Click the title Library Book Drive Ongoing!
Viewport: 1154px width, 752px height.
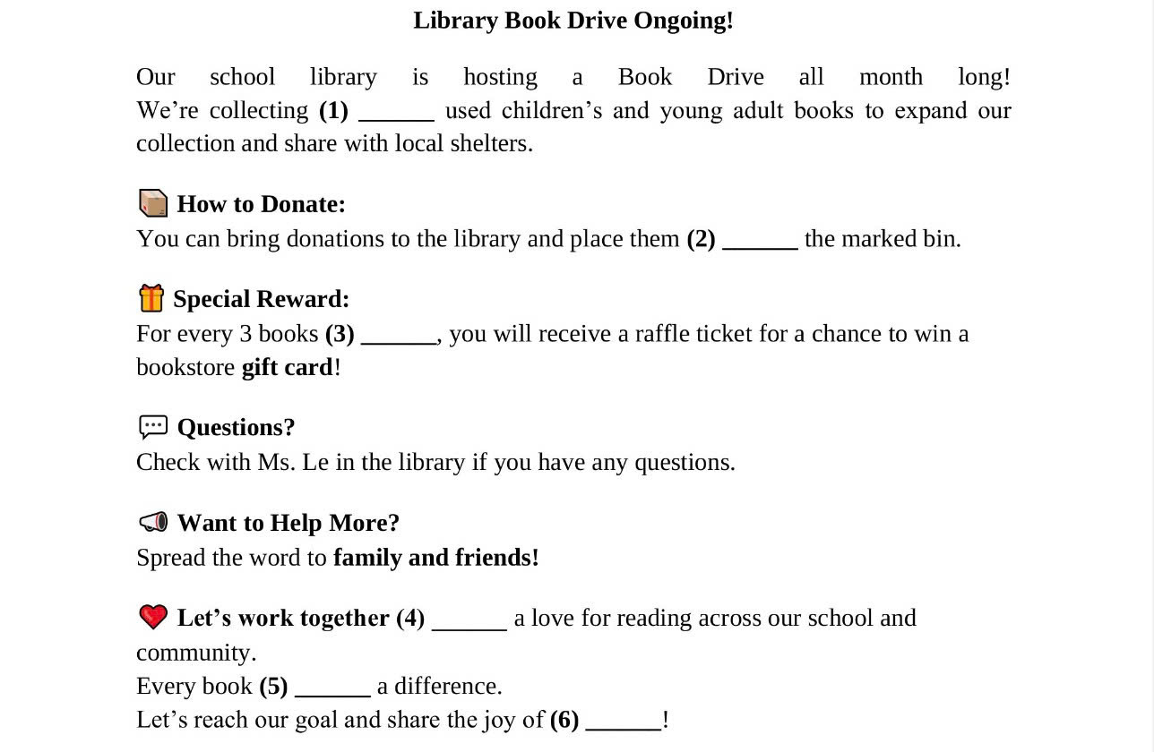pyautogui.click(x=573, y=21)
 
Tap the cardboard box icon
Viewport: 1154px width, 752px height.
pyautogui.click(x=153, y=203)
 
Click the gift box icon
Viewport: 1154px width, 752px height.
pyautogui.click(x=151, y=297)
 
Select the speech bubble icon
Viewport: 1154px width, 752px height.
pyautogui.click(x=153, y=427)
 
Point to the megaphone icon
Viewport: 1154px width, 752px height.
pyautogui.click(x=153, y=522)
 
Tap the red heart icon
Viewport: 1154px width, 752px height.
pyautogui.click(x=153, y=617)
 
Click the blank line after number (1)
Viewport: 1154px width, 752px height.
pyautogui.click(x=396, y=115)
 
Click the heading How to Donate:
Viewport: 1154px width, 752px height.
pyautogui.click(x=261, y=204)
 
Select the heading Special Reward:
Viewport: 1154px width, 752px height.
pyautogui.click(x=261, y=299)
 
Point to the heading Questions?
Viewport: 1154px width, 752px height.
pyautogui.click(x=236, y=428)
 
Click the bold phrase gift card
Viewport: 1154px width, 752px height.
pyautogui.click(x=287, y=367)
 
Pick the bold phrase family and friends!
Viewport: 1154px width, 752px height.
pyautogui.click(x=435, y=558)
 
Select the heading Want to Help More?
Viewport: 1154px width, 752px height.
pyautogui.click(x=288, y=523)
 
